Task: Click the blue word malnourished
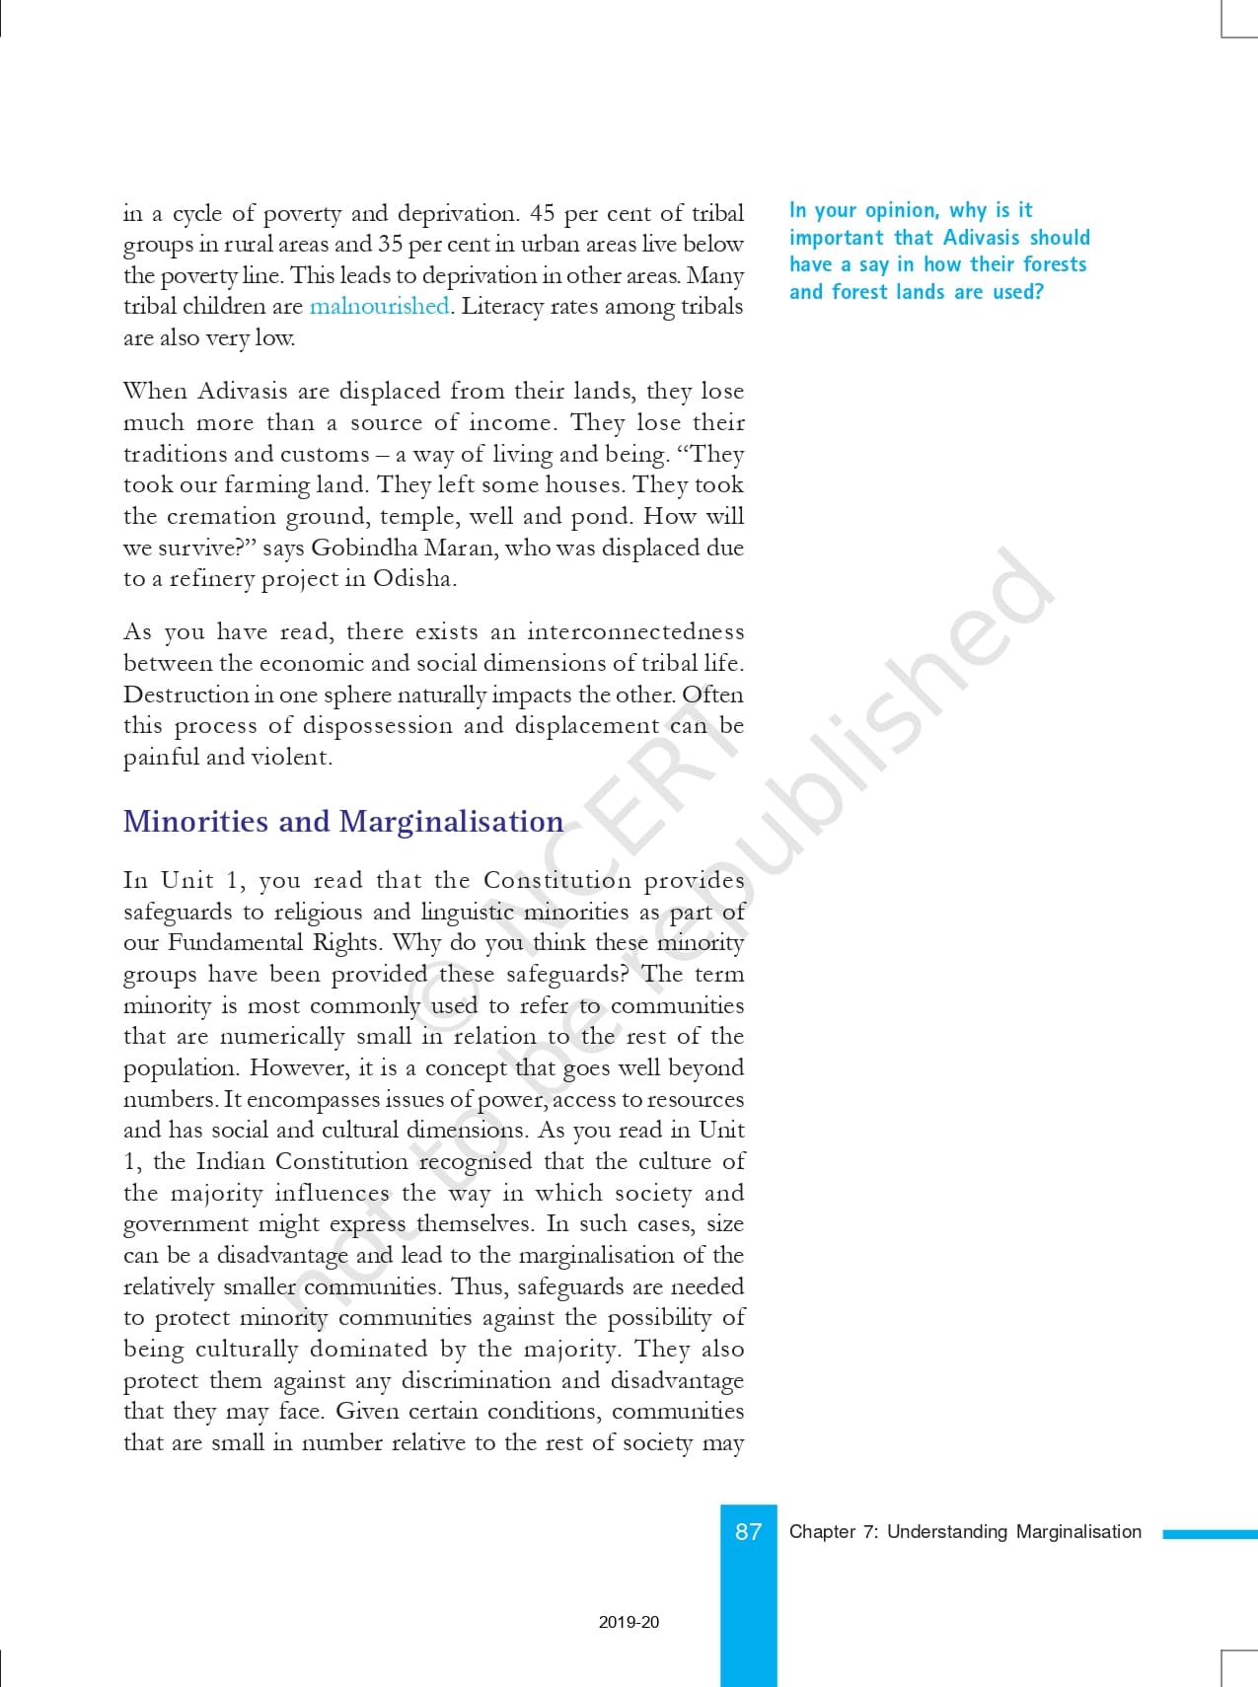[x=379, y=306]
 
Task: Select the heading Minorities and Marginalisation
[x=343, y=821]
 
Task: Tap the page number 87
[x=748, y=1531]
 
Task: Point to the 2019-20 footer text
[x=629, y=1622]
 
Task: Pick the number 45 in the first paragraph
[x=542, y=213]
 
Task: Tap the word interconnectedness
[x=635, y=631]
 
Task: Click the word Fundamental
[x=235, y=942]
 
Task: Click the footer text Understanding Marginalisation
[x=1014, y=1531]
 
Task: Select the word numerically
[x=281, y=1036]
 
